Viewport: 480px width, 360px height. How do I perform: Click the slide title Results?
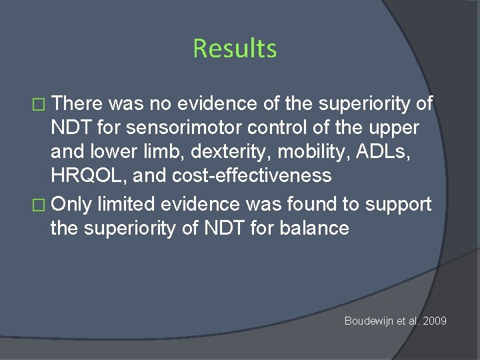[235, 49]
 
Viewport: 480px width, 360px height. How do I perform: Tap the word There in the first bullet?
[79, 103]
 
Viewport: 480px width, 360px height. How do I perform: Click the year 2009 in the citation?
[434, 321]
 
